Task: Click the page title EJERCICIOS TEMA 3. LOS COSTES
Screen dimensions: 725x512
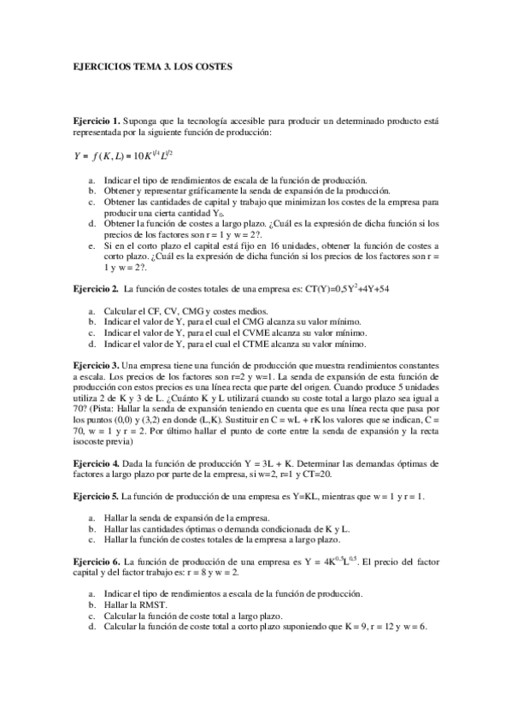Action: click(152, 65)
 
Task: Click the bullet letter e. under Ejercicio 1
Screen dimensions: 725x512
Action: click(92, 245)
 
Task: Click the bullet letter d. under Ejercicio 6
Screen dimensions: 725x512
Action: click(92, 626)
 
